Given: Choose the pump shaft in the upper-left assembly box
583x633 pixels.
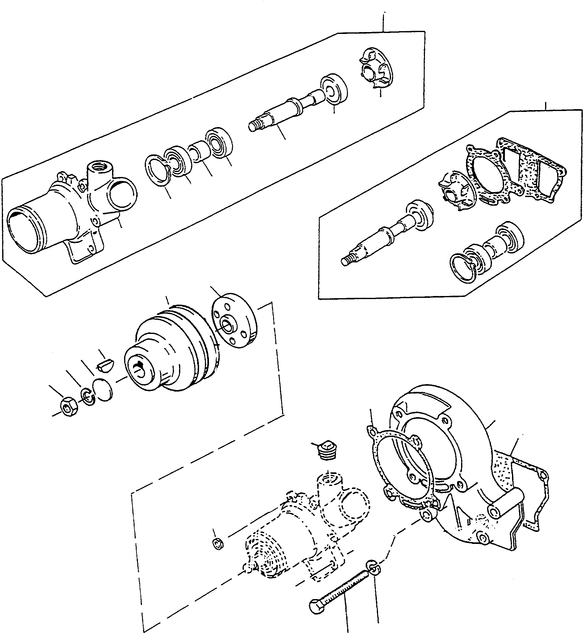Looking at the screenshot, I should [284, 110].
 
